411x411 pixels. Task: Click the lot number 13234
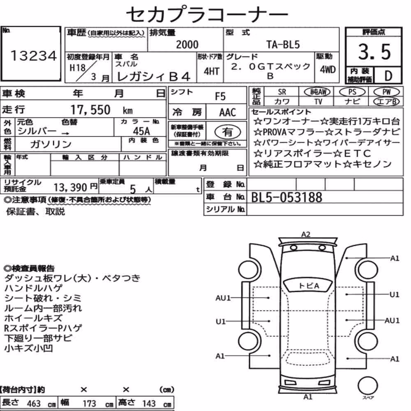click(x=33, y=56)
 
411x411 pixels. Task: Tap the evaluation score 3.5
click(x=374, y=52)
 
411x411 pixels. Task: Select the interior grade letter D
click(x=388, y=76)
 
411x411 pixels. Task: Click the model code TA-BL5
click(x=283, y=44)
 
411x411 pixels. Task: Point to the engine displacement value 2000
click(x=187, y=44)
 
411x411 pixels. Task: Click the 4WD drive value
click(x=328, y=70)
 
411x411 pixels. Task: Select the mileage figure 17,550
click(x=90, y=110)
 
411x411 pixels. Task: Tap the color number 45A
click(x=141, y=131)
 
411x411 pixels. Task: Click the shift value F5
click(x=220, y=97)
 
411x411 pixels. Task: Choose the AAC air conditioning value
click(x=228, y=113)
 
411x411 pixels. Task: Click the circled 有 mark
click(x=228, y=132)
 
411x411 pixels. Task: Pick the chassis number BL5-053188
click(x=286, y=197)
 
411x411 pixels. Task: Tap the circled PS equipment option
click(x=352, y=92)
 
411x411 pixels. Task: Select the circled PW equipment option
click(x=386, y=92)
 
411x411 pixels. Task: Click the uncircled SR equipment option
click(x=282, y=92)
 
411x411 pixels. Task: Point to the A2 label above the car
click(x=306, y=234)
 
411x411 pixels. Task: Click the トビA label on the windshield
click(x=309, y=286)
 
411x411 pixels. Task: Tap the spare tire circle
click(x=367, y=386)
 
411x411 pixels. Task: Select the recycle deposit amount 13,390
click(x=70, y=187)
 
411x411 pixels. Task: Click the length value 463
click(x=34, y=404)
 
